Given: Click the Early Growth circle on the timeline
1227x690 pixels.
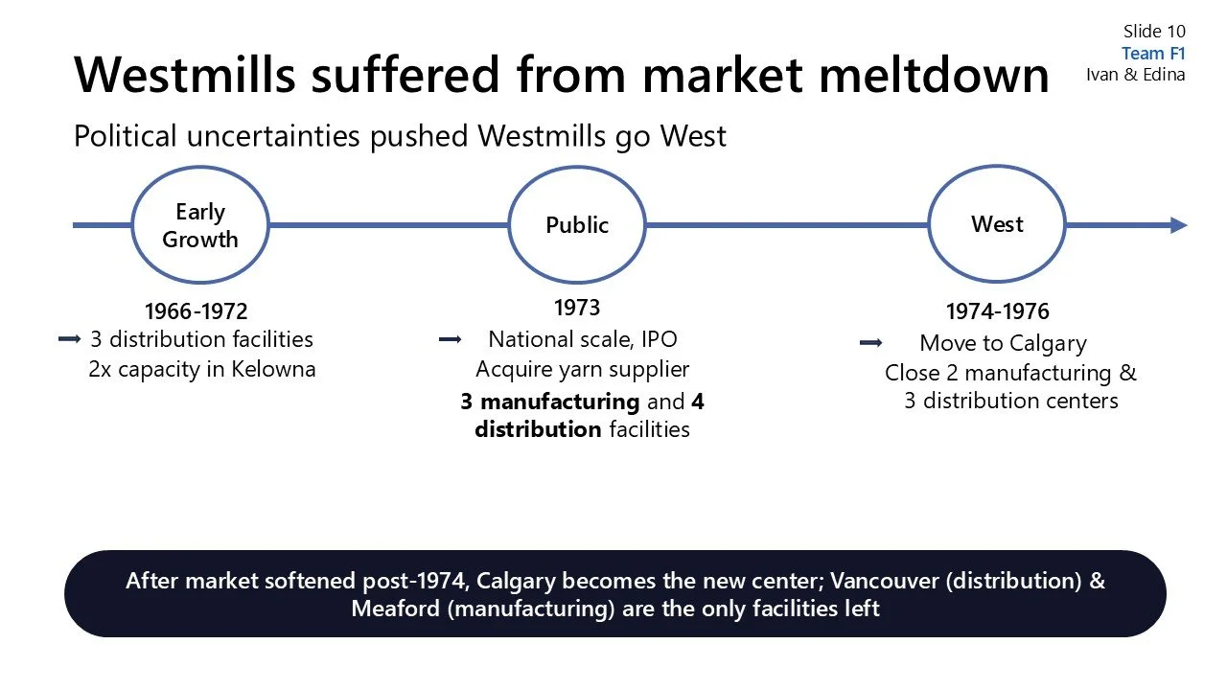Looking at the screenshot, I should pos(200,226).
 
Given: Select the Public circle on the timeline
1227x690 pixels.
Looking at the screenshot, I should pos(577,226).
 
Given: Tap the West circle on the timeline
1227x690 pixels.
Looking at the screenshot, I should pos(997,224).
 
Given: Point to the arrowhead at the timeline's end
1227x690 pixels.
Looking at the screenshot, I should pos(1179,225).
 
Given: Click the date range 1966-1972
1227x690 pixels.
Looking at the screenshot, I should pos(196,311).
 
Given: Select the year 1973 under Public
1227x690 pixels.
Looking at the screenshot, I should pos(577,308).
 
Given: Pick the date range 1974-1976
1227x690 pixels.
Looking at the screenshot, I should pos(997,311).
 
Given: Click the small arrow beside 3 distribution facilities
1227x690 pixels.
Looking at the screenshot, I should pos(69,339).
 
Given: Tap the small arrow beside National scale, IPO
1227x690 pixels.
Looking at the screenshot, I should pos(450,339).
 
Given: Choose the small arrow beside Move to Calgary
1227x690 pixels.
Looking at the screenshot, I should pos(870,343).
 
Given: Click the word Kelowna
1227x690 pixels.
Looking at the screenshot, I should pos(273,369).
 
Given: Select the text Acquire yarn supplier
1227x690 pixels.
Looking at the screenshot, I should pos(582,369).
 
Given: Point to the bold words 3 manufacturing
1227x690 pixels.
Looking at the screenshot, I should pos(549,402).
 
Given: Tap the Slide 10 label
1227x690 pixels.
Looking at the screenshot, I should pos(1154,33).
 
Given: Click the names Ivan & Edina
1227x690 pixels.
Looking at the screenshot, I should pos(1136,75).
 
